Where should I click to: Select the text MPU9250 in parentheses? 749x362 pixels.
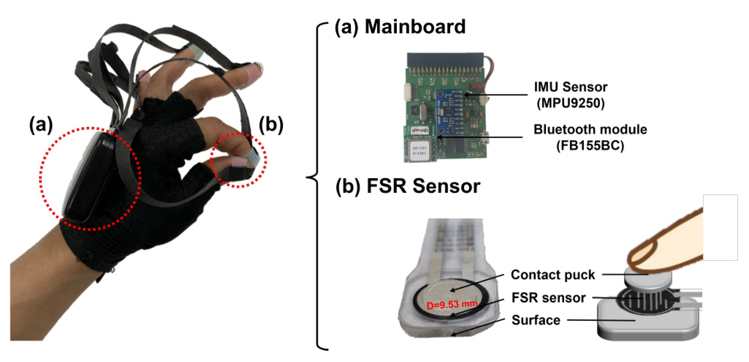(x=570, y=103)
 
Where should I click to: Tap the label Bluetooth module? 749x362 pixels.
(x=590, y=130)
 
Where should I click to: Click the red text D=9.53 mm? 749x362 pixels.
(x=452, y=305)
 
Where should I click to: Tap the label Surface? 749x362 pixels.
(x=536, y=320)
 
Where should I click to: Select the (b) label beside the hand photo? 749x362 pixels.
(x=271, y=125)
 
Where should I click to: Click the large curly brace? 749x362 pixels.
(x=317, y=186)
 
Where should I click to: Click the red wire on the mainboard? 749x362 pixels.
(x=490, y=70)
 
